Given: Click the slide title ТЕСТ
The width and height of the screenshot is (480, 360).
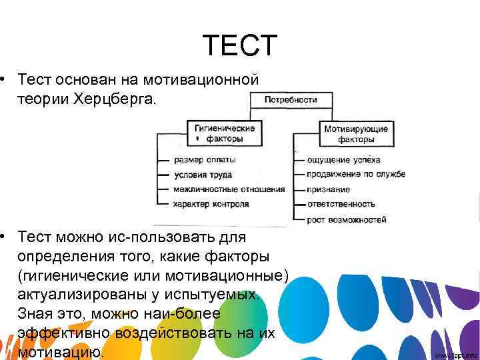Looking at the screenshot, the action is point(239,45).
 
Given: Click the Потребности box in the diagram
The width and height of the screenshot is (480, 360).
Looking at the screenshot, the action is point(291,100).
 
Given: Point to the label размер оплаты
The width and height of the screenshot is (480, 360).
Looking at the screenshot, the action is point(205,160).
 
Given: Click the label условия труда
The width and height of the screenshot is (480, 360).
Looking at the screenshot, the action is point(203,175).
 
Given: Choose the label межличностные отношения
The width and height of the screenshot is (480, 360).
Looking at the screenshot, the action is point(229,189).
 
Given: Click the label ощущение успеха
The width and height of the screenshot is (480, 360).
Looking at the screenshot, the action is point(343,160).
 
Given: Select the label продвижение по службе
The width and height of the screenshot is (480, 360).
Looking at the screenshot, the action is point(356,175).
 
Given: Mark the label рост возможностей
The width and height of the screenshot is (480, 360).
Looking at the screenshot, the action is point(347,219).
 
